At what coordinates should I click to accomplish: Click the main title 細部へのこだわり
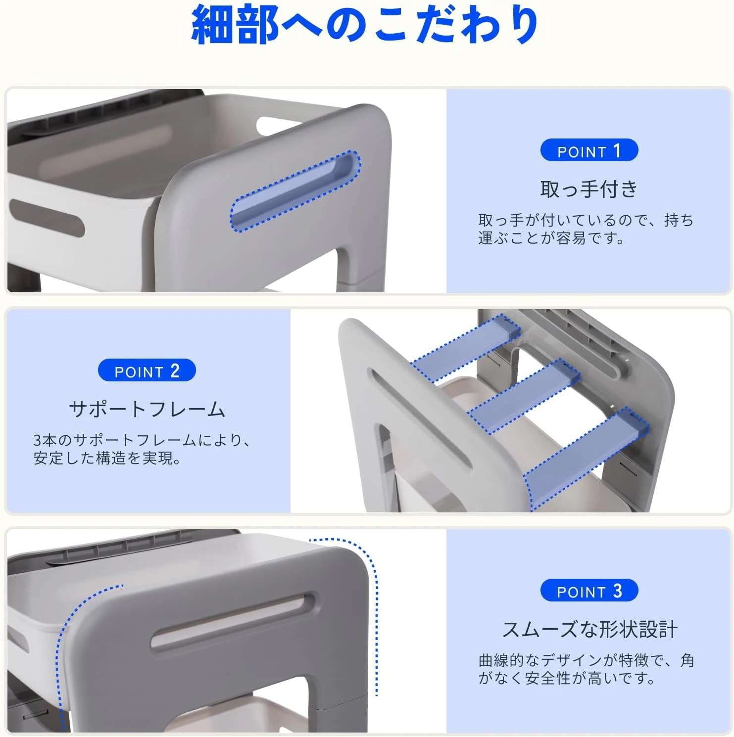[365, 25]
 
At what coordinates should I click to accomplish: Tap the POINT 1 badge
[588, 150]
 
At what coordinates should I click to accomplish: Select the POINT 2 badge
[147, 370]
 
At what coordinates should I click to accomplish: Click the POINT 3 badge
[588, 591]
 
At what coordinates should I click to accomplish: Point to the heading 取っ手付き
[588, 189]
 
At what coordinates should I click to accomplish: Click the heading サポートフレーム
[147, 409]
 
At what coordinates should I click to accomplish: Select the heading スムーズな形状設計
[589, 629]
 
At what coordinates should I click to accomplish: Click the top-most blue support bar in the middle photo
[465, 349]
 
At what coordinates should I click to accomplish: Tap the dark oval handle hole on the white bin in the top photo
[46, 218]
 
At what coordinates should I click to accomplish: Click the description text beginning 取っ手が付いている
[586, 229]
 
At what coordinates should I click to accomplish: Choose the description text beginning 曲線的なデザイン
[586, 669]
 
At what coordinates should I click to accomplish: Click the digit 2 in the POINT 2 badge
[175, 370]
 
